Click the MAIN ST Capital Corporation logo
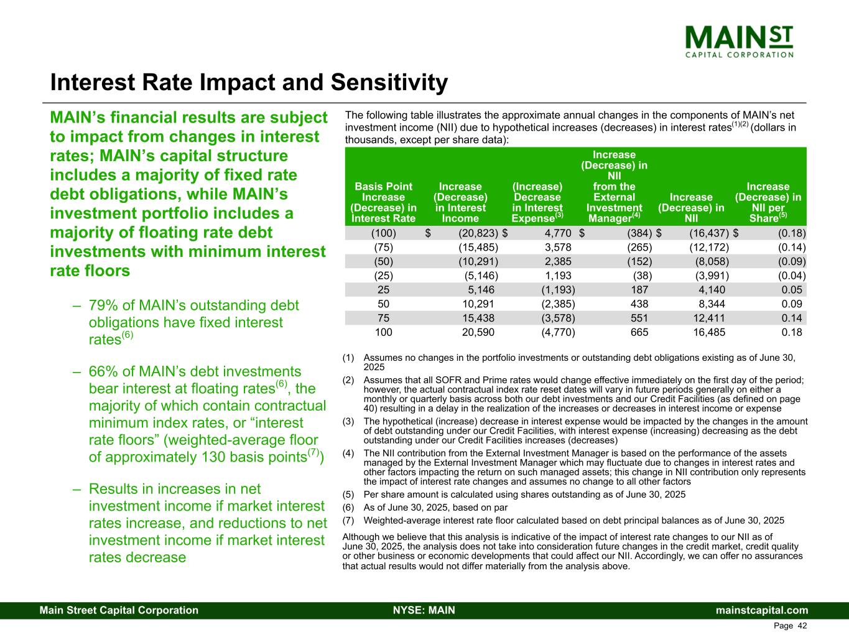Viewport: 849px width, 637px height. (739, 40)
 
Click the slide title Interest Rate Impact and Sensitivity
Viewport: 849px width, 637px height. (249, 83)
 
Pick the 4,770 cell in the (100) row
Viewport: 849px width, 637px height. (558, 234)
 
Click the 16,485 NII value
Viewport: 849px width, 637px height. (709, 332)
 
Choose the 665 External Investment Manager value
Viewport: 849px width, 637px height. (639, 332)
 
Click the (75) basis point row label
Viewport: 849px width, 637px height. (383, 248)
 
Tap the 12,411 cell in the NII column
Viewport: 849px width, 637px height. (709, 318)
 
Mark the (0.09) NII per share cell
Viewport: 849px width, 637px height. (792, 261)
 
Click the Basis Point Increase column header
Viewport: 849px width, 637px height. (383, 202)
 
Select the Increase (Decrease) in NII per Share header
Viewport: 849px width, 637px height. (768, 202)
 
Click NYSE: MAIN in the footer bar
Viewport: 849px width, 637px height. (424, 610)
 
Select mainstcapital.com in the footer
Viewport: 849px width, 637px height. (762, 610)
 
